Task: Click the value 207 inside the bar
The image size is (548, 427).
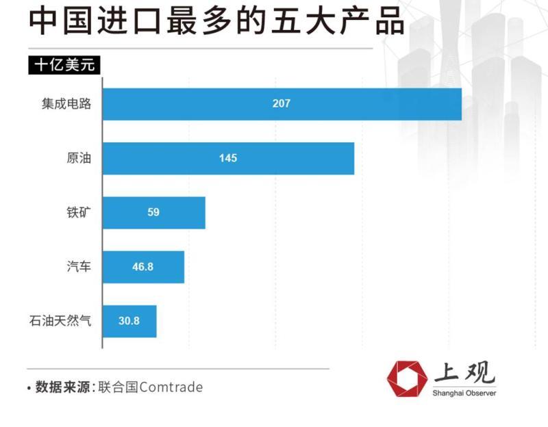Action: pos(281,104)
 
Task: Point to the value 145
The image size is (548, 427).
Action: pos(228,158)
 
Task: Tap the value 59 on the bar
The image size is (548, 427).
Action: pos(153,212)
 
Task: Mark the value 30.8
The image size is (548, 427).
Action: pos(129,320)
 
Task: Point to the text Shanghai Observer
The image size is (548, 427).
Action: pos(464,393)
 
